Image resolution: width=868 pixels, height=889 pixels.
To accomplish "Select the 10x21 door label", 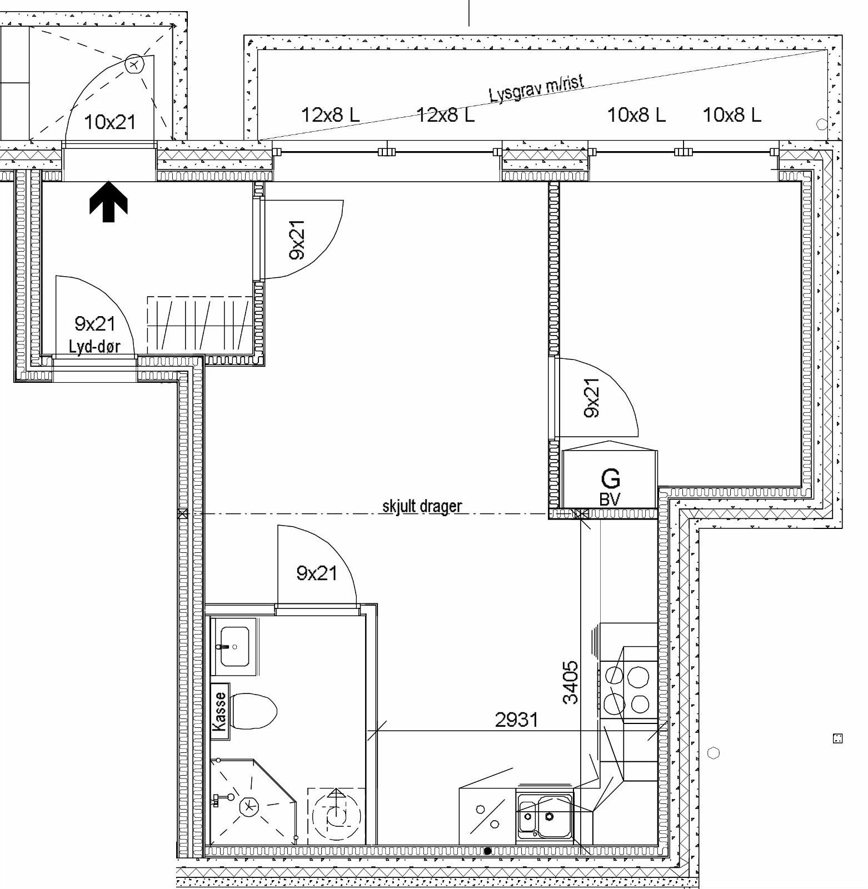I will click(110, 122).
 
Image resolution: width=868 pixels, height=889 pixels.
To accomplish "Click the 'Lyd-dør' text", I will click(94, 347).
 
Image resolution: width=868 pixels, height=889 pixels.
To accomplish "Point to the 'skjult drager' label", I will click(422, 506).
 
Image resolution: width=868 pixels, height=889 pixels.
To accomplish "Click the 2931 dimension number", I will click(517, 720).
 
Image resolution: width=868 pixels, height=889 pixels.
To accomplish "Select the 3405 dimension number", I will click(570, 682).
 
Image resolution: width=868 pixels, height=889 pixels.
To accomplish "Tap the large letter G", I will click(610, 478).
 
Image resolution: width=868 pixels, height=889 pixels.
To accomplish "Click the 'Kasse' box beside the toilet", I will click(220, 712).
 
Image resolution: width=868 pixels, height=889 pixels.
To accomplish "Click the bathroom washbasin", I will click(235, 647).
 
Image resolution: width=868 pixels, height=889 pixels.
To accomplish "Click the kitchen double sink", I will click(544, 815).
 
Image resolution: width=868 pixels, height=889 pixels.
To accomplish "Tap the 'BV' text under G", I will click(610, 499).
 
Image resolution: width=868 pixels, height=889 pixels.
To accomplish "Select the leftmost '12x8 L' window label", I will click(330, 115).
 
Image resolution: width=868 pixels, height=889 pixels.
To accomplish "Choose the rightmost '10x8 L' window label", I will click(732, 115).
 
